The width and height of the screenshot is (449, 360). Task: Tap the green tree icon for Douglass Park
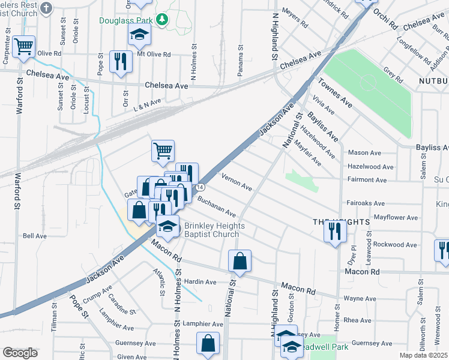pyautogui.click(x=161, y=20)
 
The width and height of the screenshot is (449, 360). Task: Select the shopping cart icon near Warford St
pyautogui.click(x=23, y=46)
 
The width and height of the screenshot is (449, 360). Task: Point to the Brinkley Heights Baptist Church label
pyautogui.click(x=211, y=230)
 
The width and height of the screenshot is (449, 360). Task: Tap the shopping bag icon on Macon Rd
pyautogui.click(x=240, y=261)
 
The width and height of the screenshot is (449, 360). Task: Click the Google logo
pyautogui.click(x=20, y=353)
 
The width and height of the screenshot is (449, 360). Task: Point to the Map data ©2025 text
pyautogui.click(x=423, y=355)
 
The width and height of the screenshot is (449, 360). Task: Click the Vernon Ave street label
pyautogui.click(x=237, y=181)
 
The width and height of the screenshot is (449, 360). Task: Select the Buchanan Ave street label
pyautogui.click(x=217, y=208)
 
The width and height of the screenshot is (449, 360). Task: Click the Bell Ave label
pyautogui.click(x=34, y=236)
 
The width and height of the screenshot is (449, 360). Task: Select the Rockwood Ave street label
pyautogui.click(x=395, y=245)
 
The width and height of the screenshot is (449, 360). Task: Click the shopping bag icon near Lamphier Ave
pyautogui.click(x=208, y=344)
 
